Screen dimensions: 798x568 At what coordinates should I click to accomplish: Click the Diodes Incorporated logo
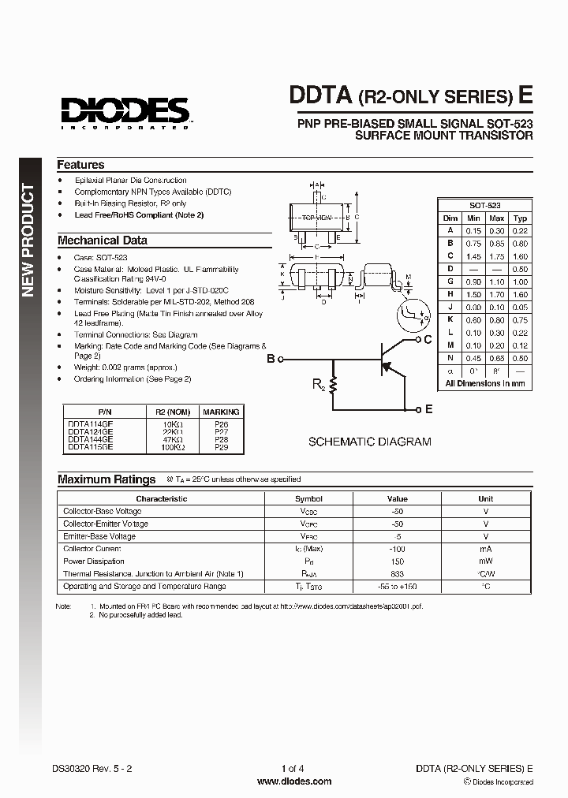click(x=125, y=111)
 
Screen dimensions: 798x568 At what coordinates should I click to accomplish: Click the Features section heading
click(x=80, y=165)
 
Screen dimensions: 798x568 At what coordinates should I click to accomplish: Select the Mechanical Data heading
click(x=102, y=241)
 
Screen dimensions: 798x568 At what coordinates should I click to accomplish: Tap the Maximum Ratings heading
click(x=106, y=479)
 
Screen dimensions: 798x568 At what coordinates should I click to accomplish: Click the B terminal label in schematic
click(x=271, y=360)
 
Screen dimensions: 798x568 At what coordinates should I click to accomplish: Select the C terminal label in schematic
click(x=427, y=340)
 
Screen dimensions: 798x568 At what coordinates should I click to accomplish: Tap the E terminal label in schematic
click(x=428, y=409)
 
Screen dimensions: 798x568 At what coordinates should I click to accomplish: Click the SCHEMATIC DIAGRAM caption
click(x=369, y=442)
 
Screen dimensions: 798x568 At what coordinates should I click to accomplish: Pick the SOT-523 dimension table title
click(x=485, y=204)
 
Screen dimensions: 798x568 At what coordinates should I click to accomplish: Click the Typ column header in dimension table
click(x=520, y=218)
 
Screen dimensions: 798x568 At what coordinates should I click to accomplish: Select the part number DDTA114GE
click(x=90, y=424)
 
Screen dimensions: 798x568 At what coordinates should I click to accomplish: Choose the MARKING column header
click(x=221, y=412)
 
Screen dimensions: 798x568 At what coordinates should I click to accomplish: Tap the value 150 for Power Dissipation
click(x=397, y=561)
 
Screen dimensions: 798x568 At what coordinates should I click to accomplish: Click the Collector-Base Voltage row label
click(x=103, y=511)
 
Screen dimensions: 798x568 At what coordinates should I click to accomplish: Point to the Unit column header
click(x=485, y=498)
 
